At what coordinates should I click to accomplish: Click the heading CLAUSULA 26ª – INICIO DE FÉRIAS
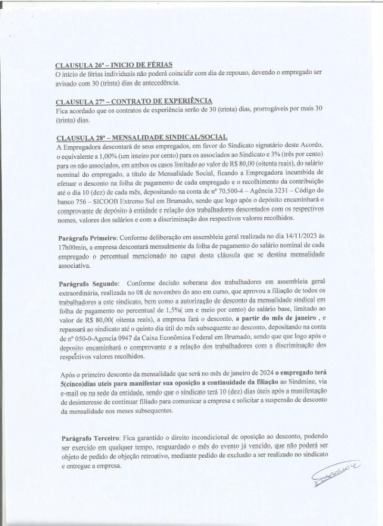114,65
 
